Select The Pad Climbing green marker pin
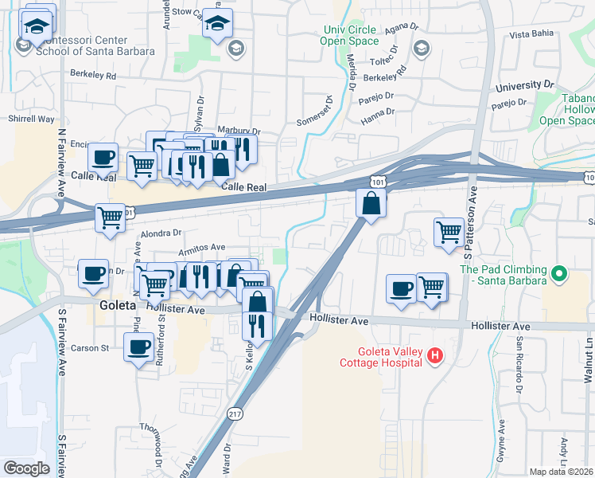(559, 275)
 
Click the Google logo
(26, 468)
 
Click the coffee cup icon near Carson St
(139, 347)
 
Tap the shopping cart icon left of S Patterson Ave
(449, 233)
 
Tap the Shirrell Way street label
(31, 119)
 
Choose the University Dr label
(524, 84)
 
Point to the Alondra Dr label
(161, 233)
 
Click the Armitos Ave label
(206, 248)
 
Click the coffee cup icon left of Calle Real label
(103, 157)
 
